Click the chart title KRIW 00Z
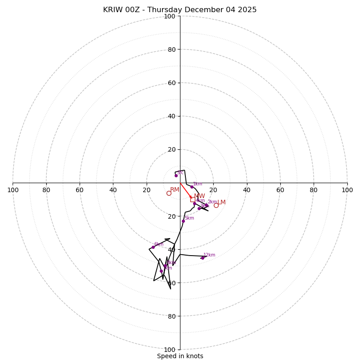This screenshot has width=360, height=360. (x=180, y=10)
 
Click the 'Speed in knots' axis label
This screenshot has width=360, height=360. (x=180, y=356)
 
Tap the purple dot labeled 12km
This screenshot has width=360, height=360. (x=202, y=258)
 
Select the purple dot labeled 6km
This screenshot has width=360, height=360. (x=153, y=247)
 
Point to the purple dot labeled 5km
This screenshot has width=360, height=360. (x=183, y=221)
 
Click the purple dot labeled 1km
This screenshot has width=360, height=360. (x=192, y=187)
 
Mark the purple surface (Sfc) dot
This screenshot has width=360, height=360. (x=176, y=175)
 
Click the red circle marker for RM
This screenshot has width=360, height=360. (x=169, y=193)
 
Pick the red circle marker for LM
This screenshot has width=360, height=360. (x=216, y=205)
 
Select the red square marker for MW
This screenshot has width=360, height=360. (x=193, y=199)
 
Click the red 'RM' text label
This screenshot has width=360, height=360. (x=175, y=189)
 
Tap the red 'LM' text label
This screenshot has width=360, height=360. (x=221, y=202)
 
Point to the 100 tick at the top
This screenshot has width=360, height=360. (x=170, y=16)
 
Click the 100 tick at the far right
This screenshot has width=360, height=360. (x=347, y=190)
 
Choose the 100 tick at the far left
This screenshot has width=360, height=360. (x=13, y=190)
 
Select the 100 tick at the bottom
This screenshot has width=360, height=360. (x=170, y=350)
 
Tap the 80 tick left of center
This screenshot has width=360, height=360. (x=46, y=190)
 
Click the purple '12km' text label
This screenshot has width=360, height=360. (x=209, y=255)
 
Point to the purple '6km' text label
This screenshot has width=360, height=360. (x=159, y=244)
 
